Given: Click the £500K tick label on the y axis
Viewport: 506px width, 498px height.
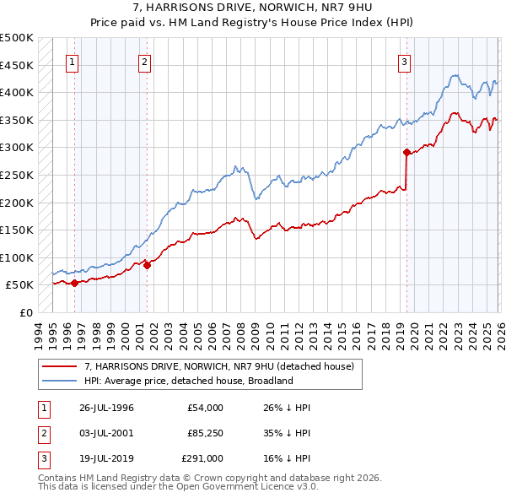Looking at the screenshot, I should click(17, 38).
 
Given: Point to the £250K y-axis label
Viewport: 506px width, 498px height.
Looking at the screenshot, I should click(17, 175).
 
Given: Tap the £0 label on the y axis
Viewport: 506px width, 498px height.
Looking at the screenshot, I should click(25, 312).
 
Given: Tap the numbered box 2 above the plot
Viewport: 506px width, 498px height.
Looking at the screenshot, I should click(144, 61).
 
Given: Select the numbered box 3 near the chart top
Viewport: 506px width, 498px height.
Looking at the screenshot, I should click(404, 61).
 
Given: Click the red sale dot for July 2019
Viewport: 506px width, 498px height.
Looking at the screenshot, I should click(406, 153).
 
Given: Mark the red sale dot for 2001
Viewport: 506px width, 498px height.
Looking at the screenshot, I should click(147, 265).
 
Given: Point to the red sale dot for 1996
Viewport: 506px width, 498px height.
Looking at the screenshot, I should click(75, 283).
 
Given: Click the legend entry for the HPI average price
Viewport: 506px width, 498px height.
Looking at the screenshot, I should click(188, 381).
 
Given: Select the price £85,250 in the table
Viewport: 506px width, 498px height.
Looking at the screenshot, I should click(202, 433).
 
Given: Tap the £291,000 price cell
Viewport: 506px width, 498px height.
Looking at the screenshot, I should click(202, 458).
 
